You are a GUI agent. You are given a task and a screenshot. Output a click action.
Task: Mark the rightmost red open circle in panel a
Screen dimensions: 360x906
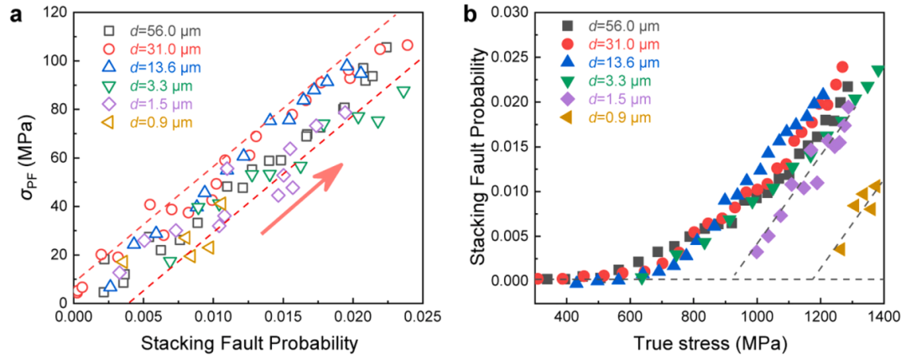pos(408,45)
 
